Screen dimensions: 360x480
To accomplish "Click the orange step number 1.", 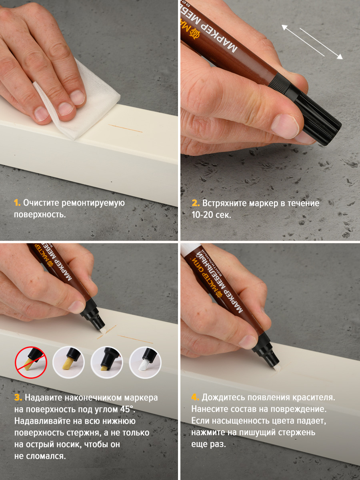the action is (x=17, y=202).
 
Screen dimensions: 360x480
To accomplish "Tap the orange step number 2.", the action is (x=196, y=203).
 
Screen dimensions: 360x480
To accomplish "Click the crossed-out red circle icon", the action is (x=31, y=362).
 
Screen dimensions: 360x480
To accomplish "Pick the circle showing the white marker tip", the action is (x=145, y=362).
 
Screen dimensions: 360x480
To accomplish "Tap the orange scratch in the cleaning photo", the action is (x=126, y=128).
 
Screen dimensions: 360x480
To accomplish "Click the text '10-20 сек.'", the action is (x=211, y=215).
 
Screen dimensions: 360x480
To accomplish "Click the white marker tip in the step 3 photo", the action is (x=102, y=331).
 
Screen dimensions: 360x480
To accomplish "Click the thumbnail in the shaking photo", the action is (x=284, y=127).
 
